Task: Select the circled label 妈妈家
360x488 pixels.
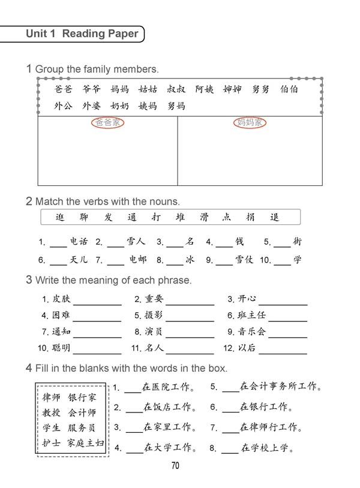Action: (x=249, y=123)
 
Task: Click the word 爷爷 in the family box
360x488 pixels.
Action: (x=91, y=90)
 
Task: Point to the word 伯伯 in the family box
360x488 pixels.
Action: (x=289, y=90)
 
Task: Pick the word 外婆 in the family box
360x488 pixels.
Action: (x=91, y=106)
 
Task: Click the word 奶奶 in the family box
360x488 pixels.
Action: (x=119, y=106)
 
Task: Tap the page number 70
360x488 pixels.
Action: (x=175, y=465)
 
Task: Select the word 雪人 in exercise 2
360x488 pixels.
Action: (x=136, y=242)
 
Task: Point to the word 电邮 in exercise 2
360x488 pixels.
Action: (x=137, y=260)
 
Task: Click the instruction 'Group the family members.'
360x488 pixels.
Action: (x=97, y=69)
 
